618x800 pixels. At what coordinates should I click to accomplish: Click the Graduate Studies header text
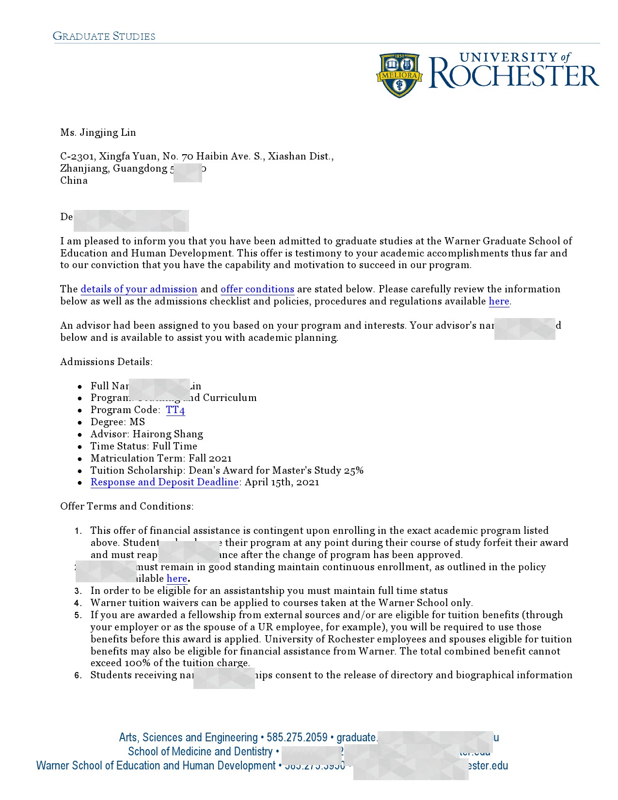click(x=104, y=36)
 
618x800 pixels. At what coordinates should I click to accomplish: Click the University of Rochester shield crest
click(x=399, y=75)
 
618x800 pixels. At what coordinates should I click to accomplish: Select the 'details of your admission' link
click(x=139, y=289)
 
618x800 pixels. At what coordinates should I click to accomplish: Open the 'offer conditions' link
click(x=257, y=289)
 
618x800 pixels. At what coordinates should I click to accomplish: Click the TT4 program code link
click(x=175, y=410)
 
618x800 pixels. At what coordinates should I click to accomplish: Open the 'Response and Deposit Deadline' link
click(x=164, y=482)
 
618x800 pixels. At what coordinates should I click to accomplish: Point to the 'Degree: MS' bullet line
click(x=117, y=422)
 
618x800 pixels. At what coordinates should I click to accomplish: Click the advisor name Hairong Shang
click(x=168, y=434)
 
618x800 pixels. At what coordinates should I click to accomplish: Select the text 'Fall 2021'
click(x=210, y=459)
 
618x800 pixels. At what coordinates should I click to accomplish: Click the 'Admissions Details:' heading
click(x=106, y=362)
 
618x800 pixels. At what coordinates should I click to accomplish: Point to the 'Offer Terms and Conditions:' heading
click(x=127, y=507)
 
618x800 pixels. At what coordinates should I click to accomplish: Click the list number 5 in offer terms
click(x=78, y=616)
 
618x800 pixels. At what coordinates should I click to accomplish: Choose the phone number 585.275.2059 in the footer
click(x=297, y=738)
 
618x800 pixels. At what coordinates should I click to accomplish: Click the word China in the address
click(x=74, y=181)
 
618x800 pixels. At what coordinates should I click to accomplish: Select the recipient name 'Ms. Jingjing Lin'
click(x=98, y=133)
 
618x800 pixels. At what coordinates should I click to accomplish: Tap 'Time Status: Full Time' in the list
click(x=143, y=447)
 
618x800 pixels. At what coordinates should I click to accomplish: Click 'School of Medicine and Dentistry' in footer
click(x=200, y=752)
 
